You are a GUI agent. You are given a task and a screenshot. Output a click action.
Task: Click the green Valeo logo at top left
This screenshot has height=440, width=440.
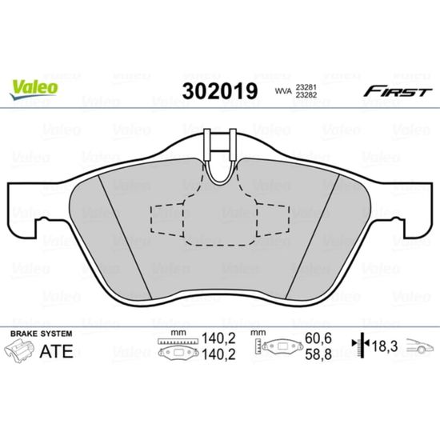tap(34, 88)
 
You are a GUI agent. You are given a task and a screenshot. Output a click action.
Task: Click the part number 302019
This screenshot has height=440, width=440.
tap(220, 91)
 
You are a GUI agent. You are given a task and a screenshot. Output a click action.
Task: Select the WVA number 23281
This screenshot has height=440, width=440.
tap(306, 87)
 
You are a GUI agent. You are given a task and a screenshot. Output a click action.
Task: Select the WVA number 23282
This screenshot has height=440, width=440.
tap(306, 95)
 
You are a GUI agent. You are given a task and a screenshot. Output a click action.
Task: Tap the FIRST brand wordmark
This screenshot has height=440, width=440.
tap(398, 91)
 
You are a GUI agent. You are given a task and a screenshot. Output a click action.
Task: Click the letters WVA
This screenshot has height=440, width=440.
tap(283, 91)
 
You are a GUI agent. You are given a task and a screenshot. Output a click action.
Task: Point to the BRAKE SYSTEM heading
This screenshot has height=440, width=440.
tap(42, 334)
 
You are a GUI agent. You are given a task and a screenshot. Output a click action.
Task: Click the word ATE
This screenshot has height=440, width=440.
tap(57, 351)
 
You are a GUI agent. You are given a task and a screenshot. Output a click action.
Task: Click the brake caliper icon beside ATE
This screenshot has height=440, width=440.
tap(19, 350)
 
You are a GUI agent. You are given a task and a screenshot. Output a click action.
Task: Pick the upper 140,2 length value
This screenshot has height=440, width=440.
tap(218, 338)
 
